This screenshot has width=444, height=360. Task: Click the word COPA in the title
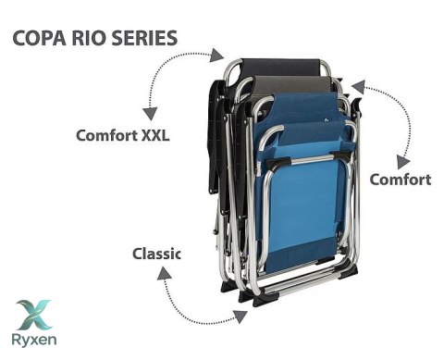[39, 38]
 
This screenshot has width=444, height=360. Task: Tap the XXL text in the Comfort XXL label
[155, 135]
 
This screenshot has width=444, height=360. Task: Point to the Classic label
[156, 254]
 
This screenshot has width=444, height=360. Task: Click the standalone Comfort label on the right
[401, 180]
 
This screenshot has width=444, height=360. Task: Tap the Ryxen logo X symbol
[34, 315]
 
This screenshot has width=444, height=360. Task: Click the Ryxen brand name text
[34, 341]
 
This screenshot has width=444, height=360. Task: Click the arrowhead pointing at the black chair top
[216, 56]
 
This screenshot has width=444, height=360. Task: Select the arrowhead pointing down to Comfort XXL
[150, 114]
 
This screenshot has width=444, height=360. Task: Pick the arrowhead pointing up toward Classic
[165, 273]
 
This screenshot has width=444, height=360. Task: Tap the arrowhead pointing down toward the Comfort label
[402, 162]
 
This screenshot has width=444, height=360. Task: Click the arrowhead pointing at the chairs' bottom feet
[240, 317]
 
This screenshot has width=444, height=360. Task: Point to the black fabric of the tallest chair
[280, 68]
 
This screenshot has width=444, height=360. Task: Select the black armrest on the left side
[214, 136]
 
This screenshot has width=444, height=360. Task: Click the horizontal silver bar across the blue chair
[308, 160]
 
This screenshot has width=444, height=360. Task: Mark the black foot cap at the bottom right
[349, 272]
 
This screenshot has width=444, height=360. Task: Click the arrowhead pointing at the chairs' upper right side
[359, 87]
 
